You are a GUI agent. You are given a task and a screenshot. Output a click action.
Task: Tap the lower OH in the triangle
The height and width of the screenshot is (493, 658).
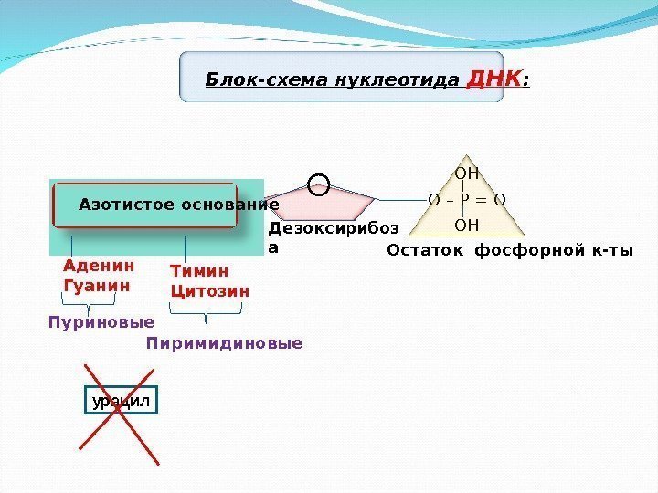[467, 224]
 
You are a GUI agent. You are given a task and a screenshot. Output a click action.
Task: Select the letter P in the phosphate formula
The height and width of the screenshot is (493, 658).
[466, 199]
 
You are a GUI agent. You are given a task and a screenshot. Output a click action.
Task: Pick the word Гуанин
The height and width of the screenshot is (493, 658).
[95, 285]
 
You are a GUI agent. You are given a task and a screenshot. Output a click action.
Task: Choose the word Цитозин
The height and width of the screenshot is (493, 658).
[210, 291]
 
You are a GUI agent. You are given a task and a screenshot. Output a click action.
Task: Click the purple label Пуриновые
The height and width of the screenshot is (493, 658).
[101, 322]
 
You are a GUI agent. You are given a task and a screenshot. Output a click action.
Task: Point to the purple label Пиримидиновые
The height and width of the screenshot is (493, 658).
[224, 344]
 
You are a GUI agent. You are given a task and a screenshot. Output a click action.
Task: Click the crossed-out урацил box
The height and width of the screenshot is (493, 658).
[121, 401]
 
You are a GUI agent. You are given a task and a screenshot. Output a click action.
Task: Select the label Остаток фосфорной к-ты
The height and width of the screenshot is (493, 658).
[509, 250]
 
